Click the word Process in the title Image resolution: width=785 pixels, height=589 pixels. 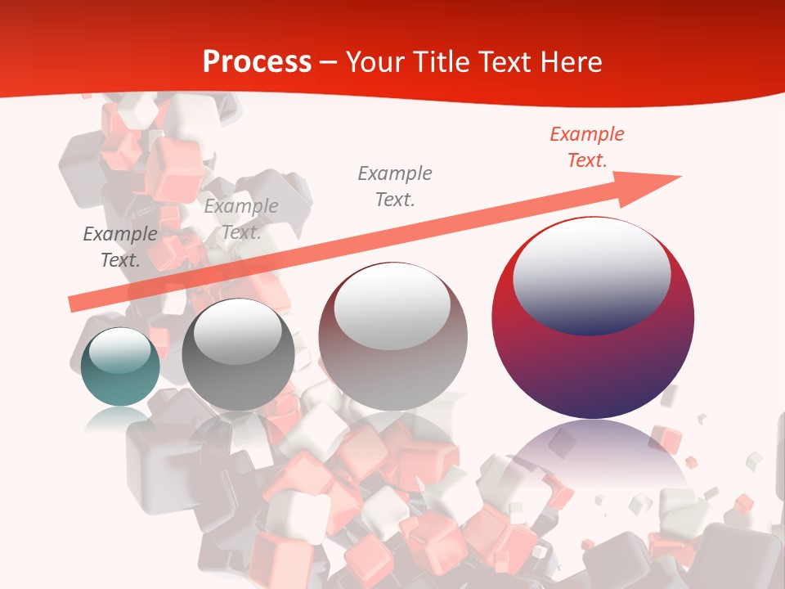coord(257,61)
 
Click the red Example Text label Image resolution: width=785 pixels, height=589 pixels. coord(586,147)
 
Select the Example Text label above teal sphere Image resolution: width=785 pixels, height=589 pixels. coord(120,247)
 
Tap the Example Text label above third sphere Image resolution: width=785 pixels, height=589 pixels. coord(395,186)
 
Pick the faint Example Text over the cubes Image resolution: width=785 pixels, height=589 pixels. coord(241,219)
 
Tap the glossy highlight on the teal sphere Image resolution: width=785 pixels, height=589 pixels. coord(119,350)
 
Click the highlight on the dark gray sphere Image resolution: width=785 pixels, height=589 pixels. coord(237,331)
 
